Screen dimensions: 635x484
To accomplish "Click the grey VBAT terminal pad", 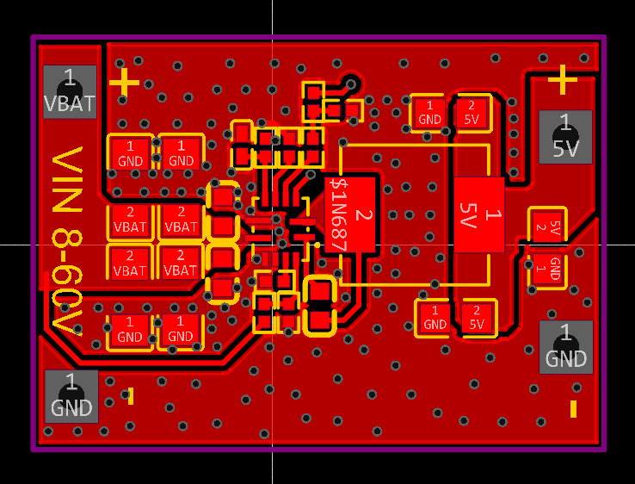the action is pos(70,92).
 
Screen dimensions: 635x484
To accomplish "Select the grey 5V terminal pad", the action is pos(565,137).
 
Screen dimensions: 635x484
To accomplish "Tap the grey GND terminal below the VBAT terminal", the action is pos(71,396).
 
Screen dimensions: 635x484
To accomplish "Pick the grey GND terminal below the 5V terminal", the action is pos(566,347).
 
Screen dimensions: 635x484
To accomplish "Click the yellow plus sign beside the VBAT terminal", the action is pos(124,83).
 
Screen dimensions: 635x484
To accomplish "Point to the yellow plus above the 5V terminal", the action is pos(563,79).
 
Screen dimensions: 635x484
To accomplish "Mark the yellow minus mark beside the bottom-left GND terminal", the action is pos(131,396).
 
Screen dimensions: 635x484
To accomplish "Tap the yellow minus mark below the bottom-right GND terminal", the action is pos(573,409).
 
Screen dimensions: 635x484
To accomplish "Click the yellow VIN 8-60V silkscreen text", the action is pos(67,241).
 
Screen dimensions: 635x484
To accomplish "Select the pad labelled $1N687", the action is pos(350,214).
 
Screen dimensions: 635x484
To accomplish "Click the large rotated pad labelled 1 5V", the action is pos(479,214).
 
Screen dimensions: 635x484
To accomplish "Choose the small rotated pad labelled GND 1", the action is pos(547,269).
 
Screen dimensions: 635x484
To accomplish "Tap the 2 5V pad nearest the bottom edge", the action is pos(477,318).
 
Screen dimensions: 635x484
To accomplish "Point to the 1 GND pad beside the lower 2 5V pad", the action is pos(435,318).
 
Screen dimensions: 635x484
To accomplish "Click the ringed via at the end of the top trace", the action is pos(351,84).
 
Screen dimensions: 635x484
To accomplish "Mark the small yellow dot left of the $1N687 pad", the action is pos(317,245).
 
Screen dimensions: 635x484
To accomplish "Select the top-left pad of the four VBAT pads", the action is pos(130,220).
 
